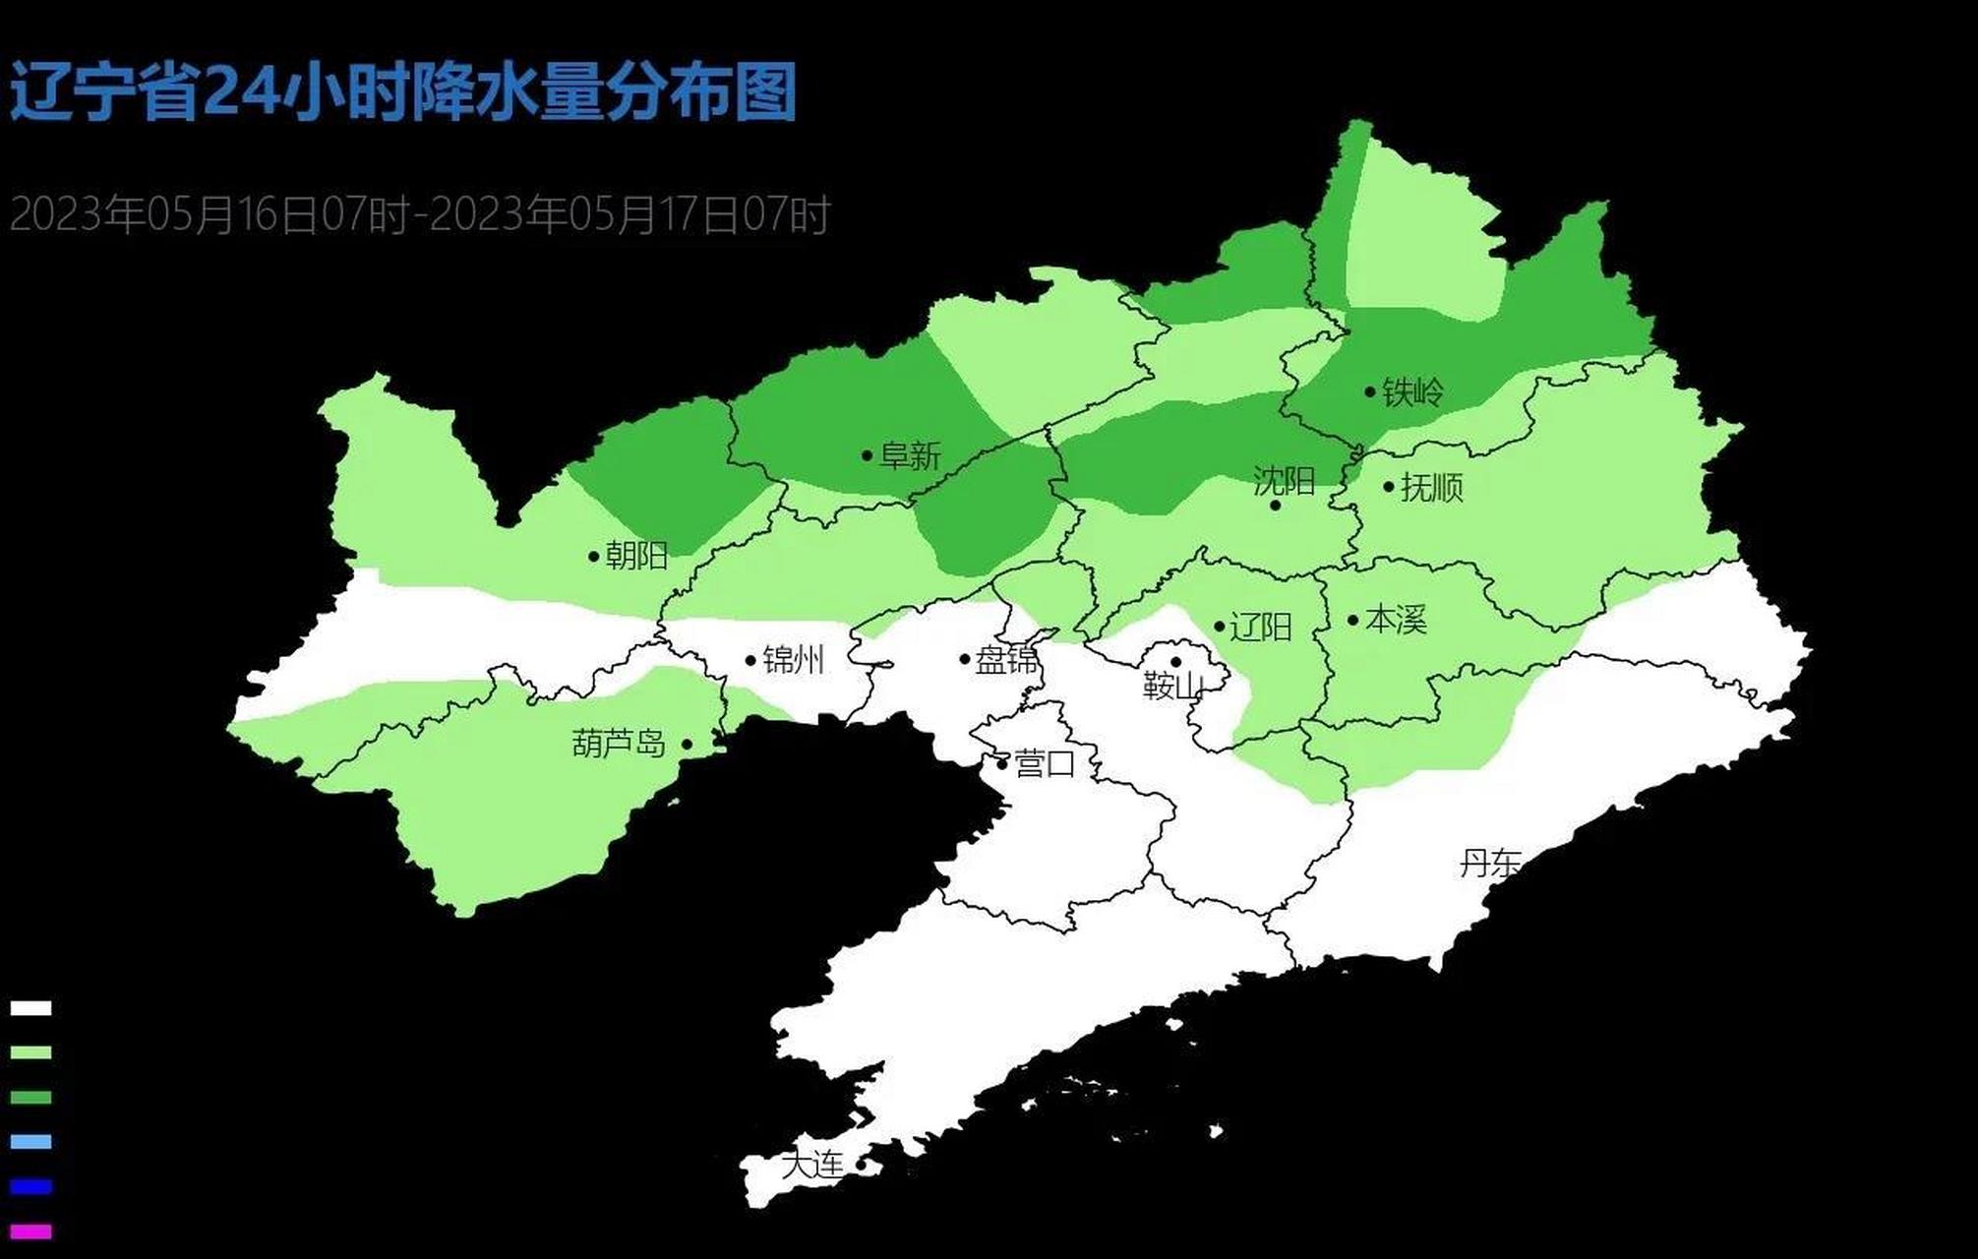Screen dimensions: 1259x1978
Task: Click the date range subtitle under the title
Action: click(x=420, y=214)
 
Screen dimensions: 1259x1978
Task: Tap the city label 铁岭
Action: click(x=1412, y=392)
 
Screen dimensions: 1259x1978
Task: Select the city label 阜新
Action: click(x=910, y=455)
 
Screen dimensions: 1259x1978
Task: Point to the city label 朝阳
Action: click(x=636, y=556)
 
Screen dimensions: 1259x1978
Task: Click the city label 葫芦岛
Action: click(x=619, y=744)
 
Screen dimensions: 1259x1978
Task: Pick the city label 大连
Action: click(x=812, y=1165)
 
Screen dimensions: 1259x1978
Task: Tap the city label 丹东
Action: click(x=1489, y=864)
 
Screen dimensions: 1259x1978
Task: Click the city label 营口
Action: click(x=1045, y=763)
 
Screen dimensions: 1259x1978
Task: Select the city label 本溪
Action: click(x=1396, y=620)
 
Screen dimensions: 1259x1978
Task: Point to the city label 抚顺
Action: click(x=1431, y=487)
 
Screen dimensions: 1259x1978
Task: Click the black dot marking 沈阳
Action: click(x=1276, y=506)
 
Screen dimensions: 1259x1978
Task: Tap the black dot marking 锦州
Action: click(x=750, y=660)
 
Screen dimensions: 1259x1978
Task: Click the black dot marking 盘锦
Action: click(x=965, y=659)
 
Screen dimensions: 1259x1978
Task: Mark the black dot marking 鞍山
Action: click(x=1175, y=662)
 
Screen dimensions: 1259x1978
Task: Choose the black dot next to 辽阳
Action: click(x=1220, y=627)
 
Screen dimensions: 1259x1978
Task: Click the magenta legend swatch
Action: click(x=30, y=1231)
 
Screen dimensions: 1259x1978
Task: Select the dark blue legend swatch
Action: click(x=30, y=1186)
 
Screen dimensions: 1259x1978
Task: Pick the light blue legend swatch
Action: click(x=30, y=1142)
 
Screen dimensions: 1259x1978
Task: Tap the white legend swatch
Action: click(x=30, y=1008)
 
